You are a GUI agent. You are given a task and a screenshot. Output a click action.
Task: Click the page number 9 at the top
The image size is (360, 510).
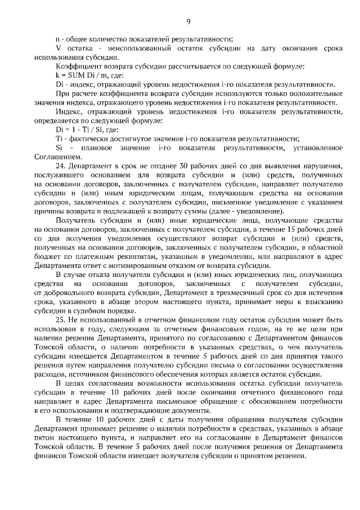pos(188,22)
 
